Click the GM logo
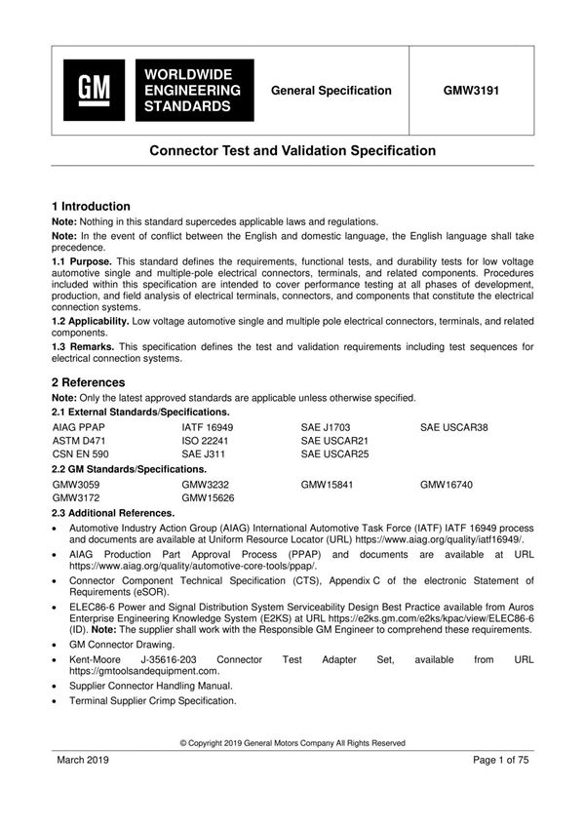tap(95, 90)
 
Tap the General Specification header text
tap(331, 91)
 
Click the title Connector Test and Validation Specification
tap(292, 151)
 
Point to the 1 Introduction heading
tap(91, 207)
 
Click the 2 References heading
tap(88, 383)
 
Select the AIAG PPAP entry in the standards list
tap(78, 427)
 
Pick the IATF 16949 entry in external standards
tap(208, 427)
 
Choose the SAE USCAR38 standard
tap(453, 427)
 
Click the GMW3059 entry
tap(76, 484)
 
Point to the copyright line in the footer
tap(292, 743)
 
